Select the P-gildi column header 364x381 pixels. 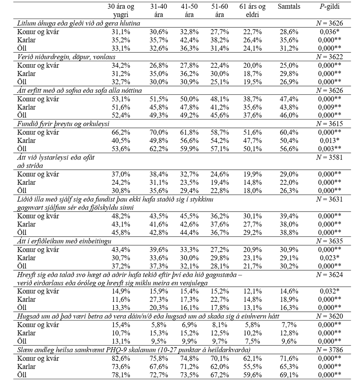click(328, 7)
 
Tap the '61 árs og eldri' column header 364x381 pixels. click(253, 11)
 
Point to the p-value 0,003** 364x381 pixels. click(331, 148)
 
